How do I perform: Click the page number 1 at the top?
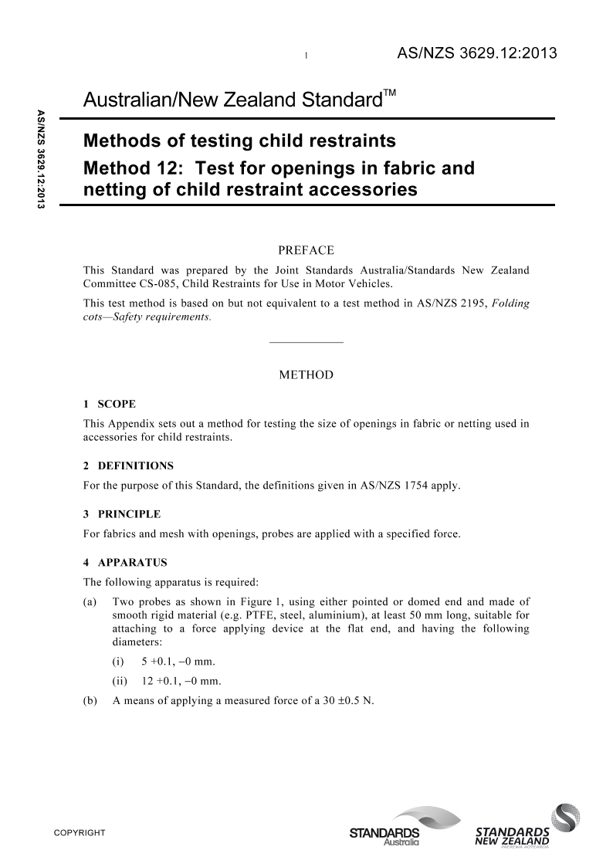306,56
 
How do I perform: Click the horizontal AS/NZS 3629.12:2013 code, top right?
476,53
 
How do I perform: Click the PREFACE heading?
305,250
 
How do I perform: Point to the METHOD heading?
306,375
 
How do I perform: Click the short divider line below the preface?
306,341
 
